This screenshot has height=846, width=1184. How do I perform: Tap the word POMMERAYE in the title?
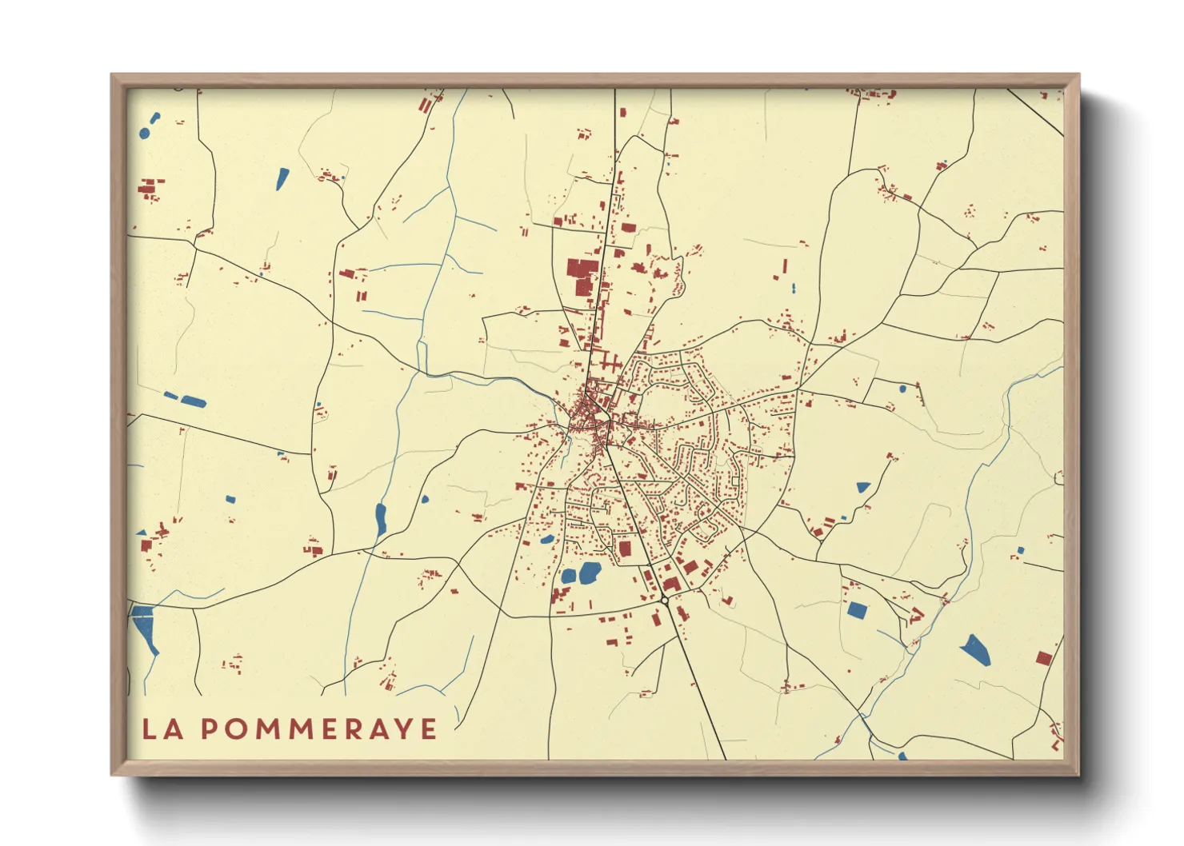(318, 728)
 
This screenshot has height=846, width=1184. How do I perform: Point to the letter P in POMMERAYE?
(209, 728)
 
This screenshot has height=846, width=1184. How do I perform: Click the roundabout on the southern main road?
(665, 599)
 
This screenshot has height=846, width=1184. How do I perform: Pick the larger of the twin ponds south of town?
(590, 572)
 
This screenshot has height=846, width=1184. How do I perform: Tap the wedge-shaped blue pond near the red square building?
(975, 650)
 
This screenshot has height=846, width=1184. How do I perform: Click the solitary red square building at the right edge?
(1043, 658)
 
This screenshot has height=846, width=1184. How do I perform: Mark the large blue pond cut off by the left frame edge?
(145, 627)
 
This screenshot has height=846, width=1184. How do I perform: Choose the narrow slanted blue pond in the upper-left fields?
(282, 178)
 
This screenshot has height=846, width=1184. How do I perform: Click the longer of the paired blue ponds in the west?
(193, 401)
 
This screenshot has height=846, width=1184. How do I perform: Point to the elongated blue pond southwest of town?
(381, 519)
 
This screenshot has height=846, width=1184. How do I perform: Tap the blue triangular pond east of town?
(862, 486)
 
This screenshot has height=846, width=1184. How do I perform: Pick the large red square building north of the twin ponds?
(625, 549)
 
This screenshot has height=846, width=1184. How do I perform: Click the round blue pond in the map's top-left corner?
(144, 133)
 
